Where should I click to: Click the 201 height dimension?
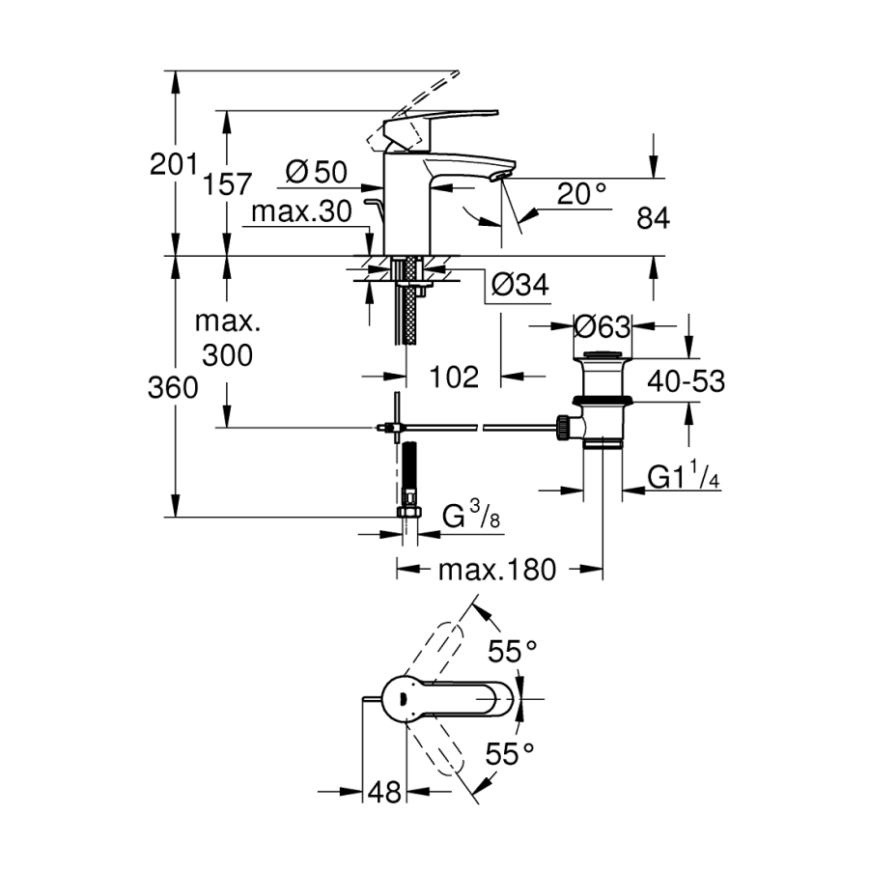pyautogui.click(x=173, y=164)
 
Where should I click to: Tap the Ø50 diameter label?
pyautogui.click(x=316, y=173)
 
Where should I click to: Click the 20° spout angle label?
pyautogui.click(x=582, y=194)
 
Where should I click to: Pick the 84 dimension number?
pyautogui.click(x=653, y=219)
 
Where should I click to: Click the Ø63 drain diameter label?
pyautogui.click(x=602, y=326)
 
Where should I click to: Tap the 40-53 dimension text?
pyautogui.click(x=687, y=380)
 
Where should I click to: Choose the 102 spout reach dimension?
pyautogui.click(x=452, y=377)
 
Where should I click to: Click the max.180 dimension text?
pyautogui.click(x=497, y=571)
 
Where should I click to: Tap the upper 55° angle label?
pyautogui.click(x=511, y=653)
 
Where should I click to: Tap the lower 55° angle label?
pyautogui.click(x=510, y=754)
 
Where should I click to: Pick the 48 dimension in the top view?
pyautogui.click(x=383, y=793)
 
